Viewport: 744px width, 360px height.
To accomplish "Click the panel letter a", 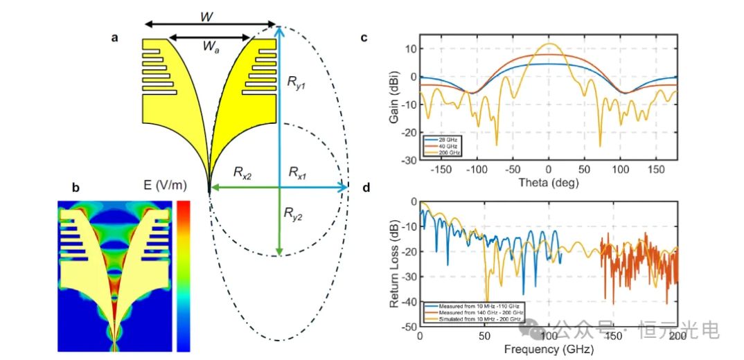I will (114, 39).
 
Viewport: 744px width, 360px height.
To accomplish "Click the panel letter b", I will (76, 187).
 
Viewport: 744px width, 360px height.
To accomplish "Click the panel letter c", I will (364, 39).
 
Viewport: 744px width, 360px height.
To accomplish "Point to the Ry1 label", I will (296, 80).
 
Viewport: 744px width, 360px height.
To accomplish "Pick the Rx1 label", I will (301, 171).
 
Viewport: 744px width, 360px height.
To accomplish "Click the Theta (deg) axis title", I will (548, 182).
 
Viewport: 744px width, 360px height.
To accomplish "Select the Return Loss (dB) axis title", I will (393, 263).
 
